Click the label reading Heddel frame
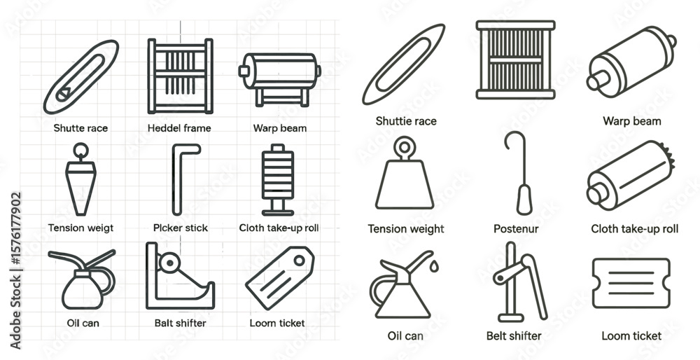point(179,128)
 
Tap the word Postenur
point(516,229)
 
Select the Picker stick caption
point(181,228)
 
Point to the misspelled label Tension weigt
point(80,228)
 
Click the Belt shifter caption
point(514,336)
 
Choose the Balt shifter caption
point(181,323)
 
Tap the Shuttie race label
point(406,121)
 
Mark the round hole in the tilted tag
point(299,260)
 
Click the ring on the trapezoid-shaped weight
point(405,146)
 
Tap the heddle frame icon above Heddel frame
point(180,76)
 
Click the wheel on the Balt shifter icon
point(169,263)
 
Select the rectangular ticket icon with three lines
point(631,283)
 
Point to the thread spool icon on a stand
point(278,179)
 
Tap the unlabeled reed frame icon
point(516,60)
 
